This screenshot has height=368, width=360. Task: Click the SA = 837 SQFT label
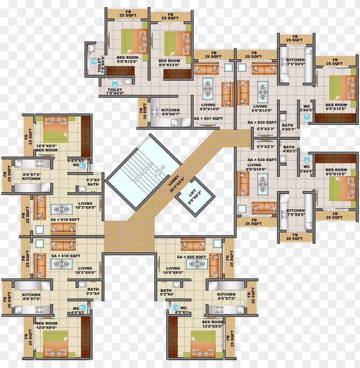[x=208, y=118]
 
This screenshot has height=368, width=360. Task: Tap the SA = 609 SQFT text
[x=192, y=257]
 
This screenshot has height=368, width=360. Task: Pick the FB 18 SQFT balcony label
[x=142, y=112]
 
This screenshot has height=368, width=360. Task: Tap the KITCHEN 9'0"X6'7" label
[x=170, y=112]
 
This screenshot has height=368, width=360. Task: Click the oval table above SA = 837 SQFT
[x=208, y=87]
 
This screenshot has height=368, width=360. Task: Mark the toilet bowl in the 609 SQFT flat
[x=175, y=308]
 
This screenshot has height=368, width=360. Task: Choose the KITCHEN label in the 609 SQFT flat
[x=226, y=297]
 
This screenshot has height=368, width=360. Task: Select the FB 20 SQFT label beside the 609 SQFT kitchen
[x=252, y=296]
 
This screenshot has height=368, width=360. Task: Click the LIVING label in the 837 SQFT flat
[x=208, y=107]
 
